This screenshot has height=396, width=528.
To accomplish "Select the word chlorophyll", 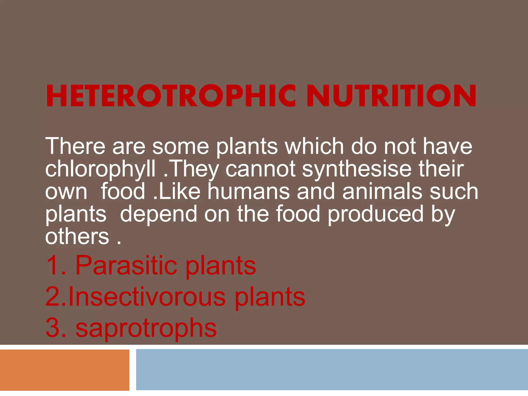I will point(100,169).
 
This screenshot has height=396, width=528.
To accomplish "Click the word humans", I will point(249,191).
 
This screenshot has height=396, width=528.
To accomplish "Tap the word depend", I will point(159,214).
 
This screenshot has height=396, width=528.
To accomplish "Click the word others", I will point(77,236).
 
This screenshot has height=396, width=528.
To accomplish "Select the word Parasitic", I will point(126,265).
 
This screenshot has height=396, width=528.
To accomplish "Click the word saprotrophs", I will point(146,328).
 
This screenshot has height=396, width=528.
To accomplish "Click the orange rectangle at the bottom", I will point(64,370).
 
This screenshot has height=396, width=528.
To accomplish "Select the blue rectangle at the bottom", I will point(332,370).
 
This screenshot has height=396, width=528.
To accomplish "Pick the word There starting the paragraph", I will point(75,146).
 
